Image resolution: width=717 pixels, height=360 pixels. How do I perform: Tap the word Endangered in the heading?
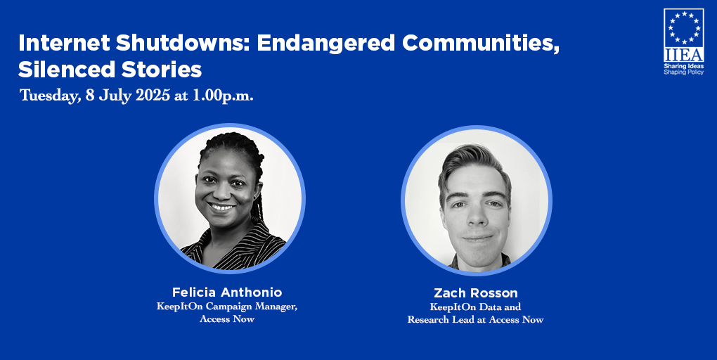(325, 43)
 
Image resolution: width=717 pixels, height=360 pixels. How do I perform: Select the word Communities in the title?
(481, 43)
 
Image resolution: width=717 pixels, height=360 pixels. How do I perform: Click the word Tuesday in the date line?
(50, 96)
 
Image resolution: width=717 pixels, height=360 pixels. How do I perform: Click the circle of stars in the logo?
(684, 28)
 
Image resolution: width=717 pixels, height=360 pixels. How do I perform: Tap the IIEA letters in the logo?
(684, 55)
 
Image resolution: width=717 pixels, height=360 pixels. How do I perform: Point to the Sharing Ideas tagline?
(684, 66)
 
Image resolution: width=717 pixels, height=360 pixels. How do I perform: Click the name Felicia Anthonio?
(227, 292)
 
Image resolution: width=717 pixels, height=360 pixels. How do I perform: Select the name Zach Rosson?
(476, 292)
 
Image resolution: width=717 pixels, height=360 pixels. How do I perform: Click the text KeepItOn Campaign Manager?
(227, 307)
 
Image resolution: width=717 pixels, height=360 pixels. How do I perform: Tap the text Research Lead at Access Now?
(476, 319)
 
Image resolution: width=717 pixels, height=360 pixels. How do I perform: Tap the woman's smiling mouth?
(223, 207)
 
